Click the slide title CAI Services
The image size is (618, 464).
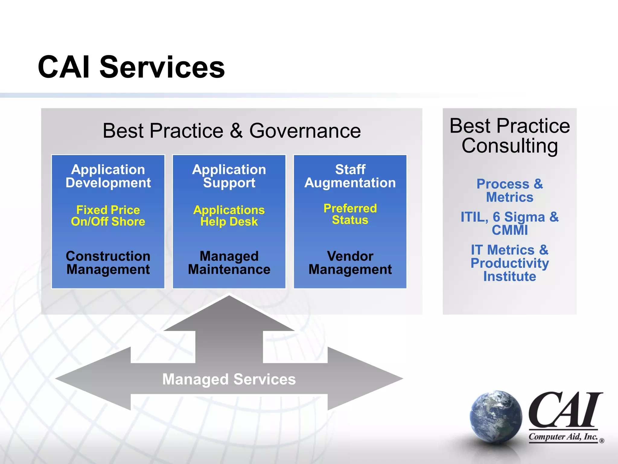point(131,67)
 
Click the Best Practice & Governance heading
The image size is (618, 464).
point(231,130)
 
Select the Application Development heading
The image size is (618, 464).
point(108,176)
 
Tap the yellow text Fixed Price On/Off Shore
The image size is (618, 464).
point(108,216)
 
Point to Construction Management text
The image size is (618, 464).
point(108,263)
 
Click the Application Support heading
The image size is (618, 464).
point(229,176)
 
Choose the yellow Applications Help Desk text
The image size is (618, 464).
point(229,216)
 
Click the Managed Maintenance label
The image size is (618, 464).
point(229,263)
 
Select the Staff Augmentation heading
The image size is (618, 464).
point(350,176)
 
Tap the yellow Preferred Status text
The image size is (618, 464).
point(350,214)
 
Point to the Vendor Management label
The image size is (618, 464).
point(350,263)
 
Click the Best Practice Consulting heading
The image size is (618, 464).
point(510,136)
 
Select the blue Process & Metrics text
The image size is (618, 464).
point(510,190)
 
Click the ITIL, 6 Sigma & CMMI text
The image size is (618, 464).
point(510,223)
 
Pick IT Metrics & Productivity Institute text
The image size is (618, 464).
point(510,263)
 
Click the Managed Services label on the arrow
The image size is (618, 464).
point(229,379)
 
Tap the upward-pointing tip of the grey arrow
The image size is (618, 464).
point(229,299)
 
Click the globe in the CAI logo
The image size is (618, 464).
point(495,417)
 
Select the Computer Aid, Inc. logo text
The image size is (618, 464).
point(563,437)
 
